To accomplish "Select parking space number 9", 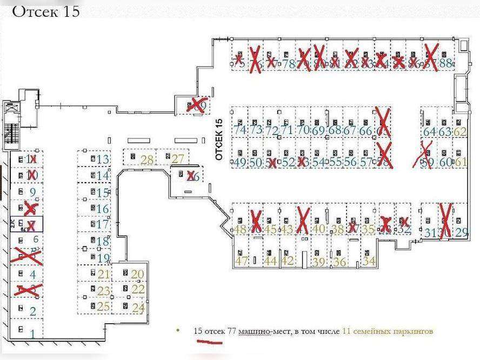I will [x=32, y=192].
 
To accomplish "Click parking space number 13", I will [x=103, y=159].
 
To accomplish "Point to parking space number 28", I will [x=146, y=159].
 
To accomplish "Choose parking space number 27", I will [x=178, y=159].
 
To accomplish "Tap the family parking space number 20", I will [x=138, y=274].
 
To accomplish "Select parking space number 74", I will [x=239, y=130].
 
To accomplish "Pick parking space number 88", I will [x=445, y=63].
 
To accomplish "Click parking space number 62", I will [x=460, y=131].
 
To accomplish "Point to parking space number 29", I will [x=461, y=233].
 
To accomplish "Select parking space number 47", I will [x=241, y=261].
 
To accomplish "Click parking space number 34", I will [x=370, y=261].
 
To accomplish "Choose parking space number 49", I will [x=239, y=162].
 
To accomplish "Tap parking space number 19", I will [x=103, y=258].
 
